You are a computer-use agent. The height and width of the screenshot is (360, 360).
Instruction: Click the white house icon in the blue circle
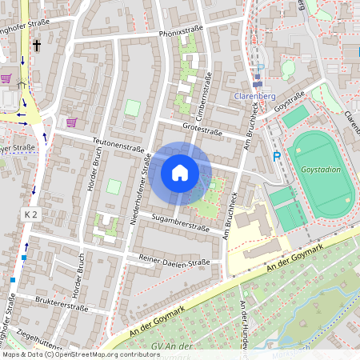pos(180,173)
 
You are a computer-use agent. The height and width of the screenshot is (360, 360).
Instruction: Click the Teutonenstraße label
pos(118,144)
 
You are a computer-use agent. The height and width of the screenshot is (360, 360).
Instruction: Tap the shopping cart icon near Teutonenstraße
pos(71,122)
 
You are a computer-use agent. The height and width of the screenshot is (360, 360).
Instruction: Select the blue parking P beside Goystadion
pos(277,157)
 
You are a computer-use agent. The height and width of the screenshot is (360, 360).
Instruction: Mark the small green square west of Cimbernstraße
pos(132,107)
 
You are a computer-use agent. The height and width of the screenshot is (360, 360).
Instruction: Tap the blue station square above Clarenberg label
pos(257,82)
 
